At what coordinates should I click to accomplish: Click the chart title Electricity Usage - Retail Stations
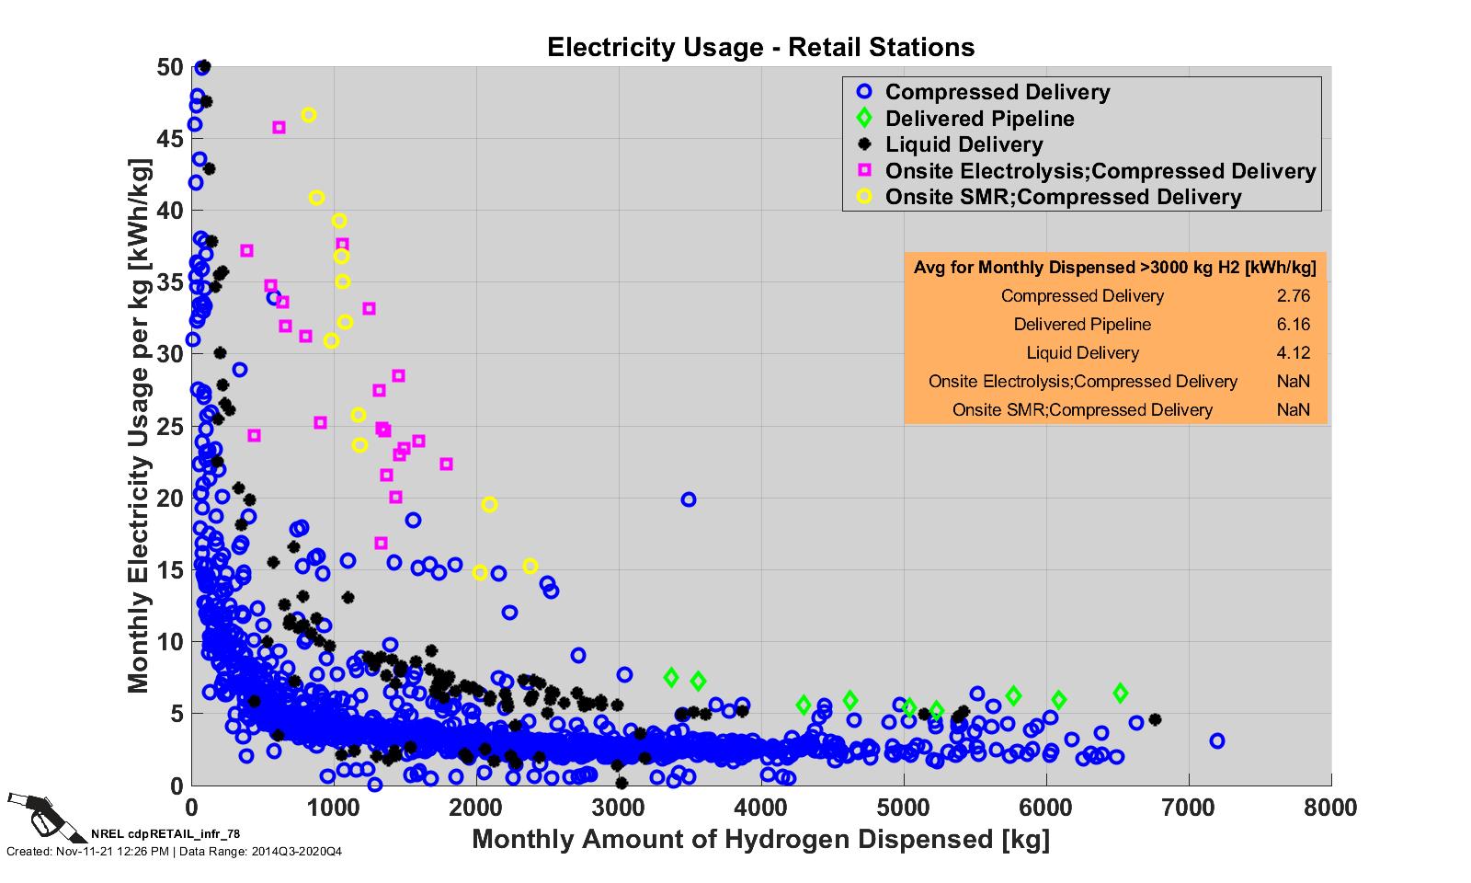[760, 47]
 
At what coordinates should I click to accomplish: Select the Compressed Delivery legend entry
[998, 92]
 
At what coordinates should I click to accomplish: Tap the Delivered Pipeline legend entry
[979, 119]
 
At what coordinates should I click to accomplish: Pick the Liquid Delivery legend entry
[964, 144]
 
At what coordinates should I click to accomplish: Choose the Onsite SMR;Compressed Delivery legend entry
[1063, 197]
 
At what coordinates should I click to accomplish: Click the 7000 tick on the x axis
[1189, 808]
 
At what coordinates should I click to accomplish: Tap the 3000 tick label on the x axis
[619, 808]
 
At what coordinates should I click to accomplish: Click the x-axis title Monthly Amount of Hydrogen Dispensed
[760, 839]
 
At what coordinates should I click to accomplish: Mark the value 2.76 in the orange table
[1293, 296]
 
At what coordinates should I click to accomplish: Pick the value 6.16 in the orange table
[1293, 325]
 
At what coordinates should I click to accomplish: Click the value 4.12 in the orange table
[1293, 353]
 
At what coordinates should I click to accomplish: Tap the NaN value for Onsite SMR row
[1293, 410]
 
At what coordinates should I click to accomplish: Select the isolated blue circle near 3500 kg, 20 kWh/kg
[689, 499]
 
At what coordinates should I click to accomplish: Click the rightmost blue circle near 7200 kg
[1217, 740]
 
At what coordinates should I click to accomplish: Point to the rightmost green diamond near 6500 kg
[1120, 693]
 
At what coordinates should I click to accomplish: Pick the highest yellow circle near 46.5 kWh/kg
[309, 115]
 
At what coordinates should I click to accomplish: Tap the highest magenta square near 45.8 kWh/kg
[279, 128]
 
